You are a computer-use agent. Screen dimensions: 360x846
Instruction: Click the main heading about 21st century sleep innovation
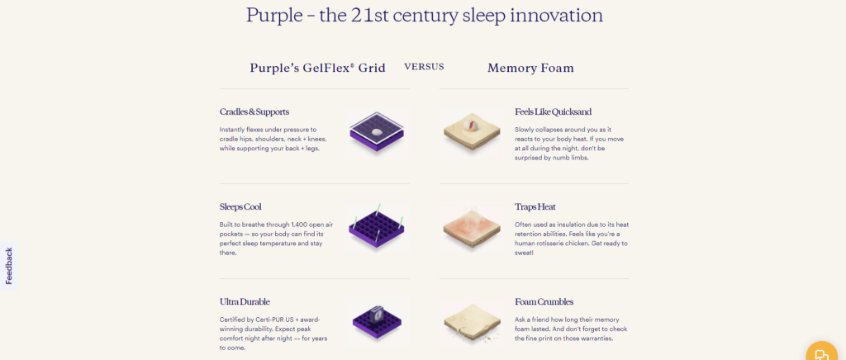click(x=424, y=15)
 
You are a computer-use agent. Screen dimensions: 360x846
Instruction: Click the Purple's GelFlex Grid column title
click(x=317, y=68)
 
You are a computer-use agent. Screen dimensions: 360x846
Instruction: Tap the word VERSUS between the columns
click(x=424, y=67)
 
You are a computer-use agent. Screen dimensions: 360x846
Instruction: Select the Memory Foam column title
click(x=530, y=68)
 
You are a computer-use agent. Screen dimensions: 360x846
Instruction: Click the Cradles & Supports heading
click(x=254, y=111)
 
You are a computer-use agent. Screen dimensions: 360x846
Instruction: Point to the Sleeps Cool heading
click(x=240, y=206)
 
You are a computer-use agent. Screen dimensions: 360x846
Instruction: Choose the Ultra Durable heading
click(x=245, y=301)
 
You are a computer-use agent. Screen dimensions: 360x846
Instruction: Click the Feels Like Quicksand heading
click(x=553, y=111)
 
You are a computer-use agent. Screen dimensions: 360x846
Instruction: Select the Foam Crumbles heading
click(x=544, y=301)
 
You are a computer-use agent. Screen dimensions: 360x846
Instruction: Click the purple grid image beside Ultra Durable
click(x=376, y=320)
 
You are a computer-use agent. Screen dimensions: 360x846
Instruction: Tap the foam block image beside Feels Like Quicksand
click(x=472, y=132)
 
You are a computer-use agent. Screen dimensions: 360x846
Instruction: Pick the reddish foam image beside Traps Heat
click(x=472, y=227)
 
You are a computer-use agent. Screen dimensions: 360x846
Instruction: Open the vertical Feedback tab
click(x=8, y=266)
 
